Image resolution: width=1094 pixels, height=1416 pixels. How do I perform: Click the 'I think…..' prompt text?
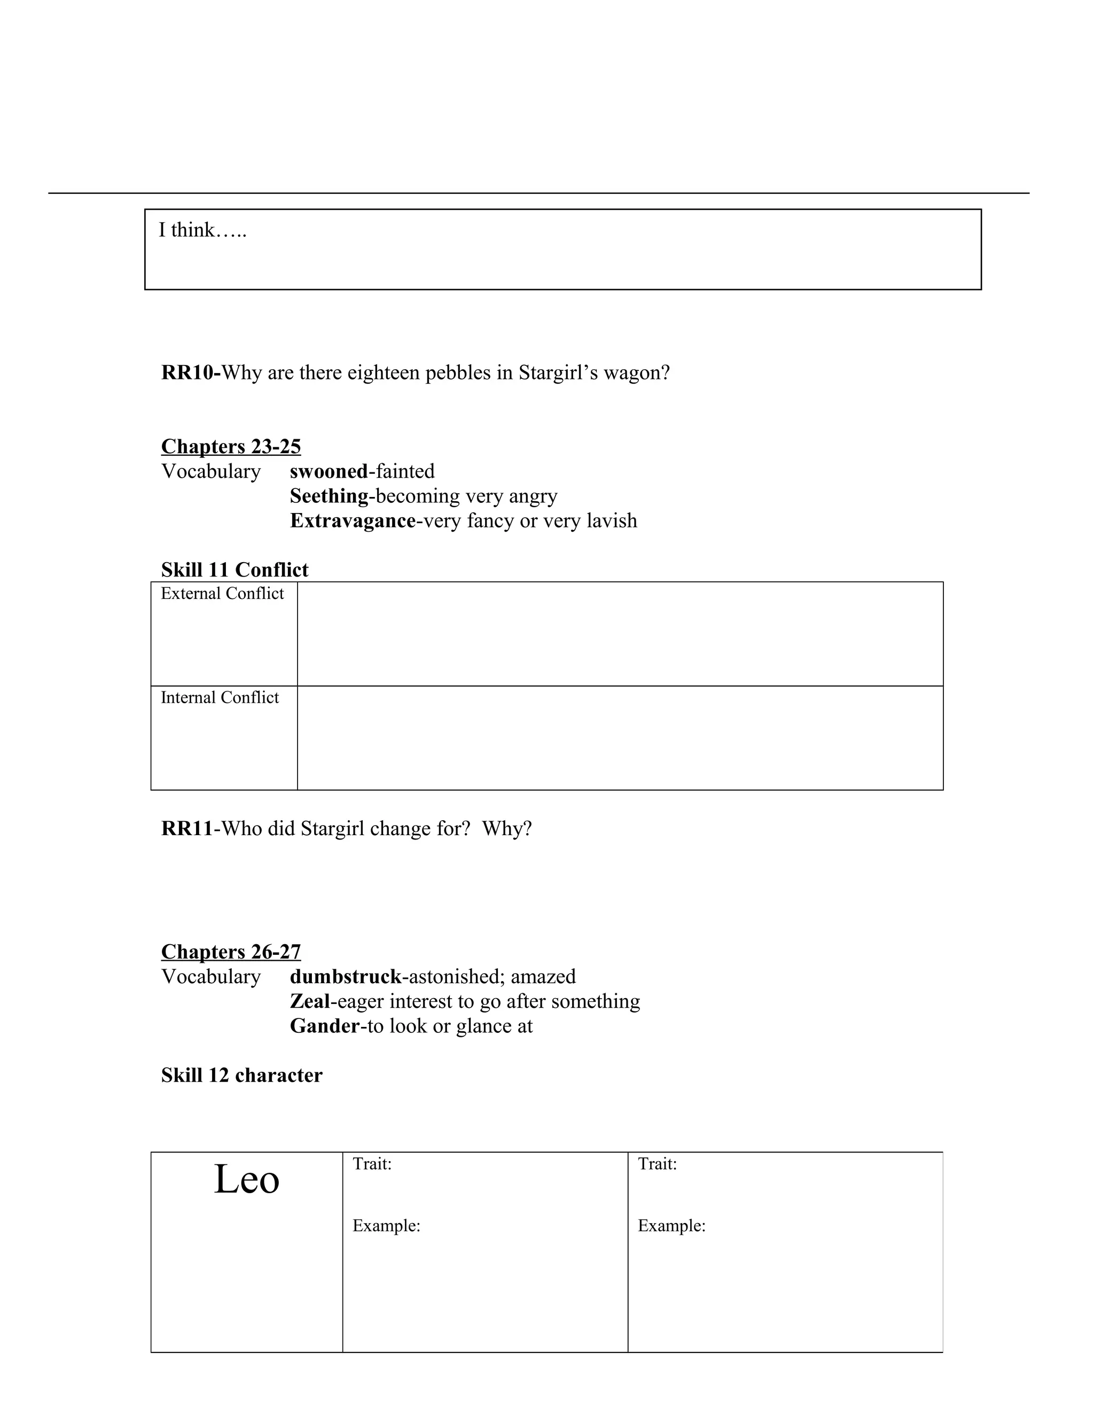(x=202, y=230)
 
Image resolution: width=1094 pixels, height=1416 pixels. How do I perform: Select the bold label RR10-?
(x=191, y=373)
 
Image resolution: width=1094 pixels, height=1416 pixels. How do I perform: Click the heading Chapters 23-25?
(x=231, y=447)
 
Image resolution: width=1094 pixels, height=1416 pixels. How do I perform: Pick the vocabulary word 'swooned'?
(x=329, y=471)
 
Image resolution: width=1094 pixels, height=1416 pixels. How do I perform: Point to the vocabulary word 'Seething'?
(x=329, y=496)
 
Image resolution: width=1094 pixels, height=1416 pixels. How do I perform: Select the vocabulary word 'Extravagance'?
(x=353, y=520)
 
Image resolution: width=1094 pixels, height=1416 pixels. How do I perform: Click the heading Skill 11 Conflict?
(x=235, y=570)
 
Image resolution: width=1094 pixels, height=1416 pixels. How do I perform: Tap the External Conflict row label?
(x=222, y=594)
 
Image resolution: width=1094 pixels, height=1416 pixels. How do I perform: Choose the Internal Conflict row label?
(x=220, y=698)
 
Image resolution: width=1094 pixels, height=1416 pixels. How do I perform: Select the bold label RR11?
(x=186, y=829)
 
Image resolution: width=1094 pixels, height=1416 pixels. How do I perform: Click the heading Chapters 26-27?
(x=231, y=952)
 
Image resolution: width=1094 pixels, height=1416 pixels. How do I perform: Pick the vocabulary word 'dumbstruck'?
(x=346, y=976)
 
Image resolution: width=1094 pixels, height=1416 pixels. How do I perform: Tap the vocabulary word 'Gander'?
(x=324, y=1026)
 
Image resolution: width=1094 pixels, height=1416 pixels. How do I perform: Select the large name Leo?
(x=246, y=1179)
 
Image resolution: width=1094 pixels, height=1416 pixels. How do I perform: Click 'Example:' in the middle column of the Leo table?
(x=386, y=1225)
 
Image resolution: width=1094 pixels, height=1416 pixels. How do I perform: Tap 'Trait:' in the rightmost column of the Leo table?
(x=657, y=1164)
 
